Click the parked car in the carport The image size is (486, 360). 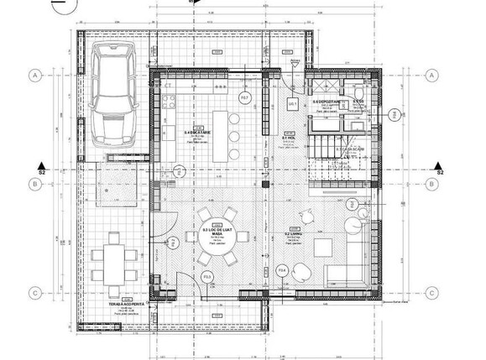click(115, 95)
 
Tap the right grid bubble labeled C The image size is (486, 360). click(432, 293)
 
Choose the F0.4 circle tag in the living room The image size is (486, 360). click(282, 270)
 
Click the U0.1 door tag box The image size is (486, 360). click(292, 103)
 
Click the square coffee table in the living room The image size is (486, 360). click(325, 247)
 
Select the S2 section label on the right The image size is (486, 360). click(439, 171)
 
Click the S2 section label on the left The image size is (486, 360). click(41, 171)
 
